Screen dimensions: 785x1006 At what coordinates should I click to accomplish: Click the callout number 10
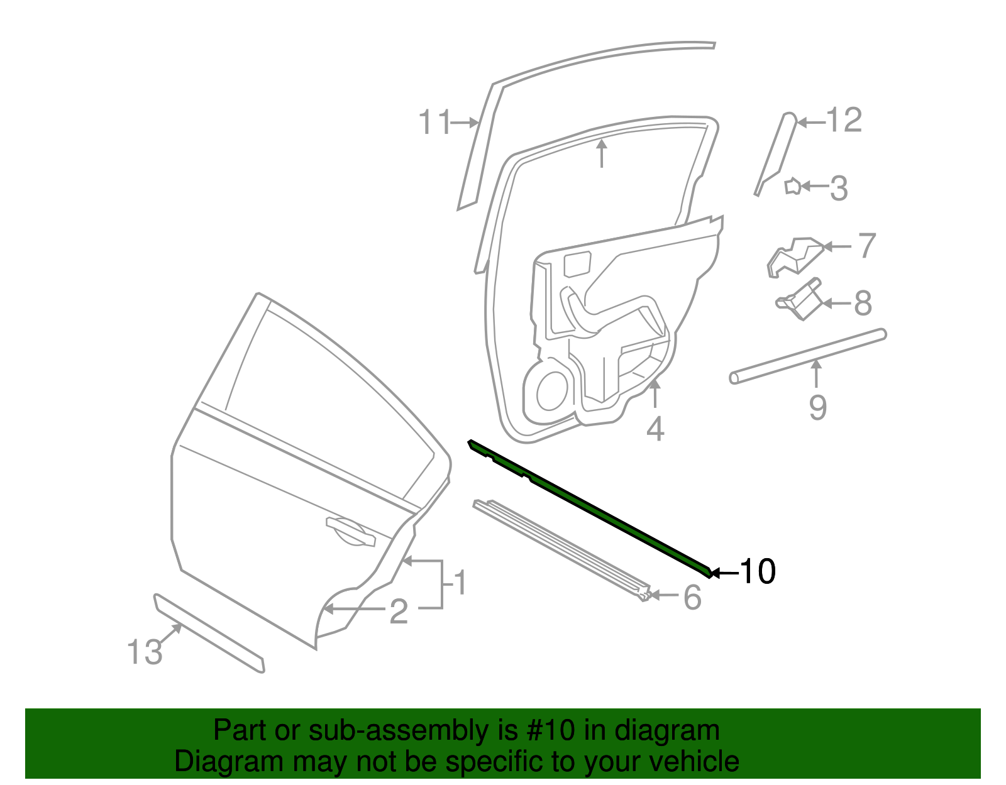pos(758,571)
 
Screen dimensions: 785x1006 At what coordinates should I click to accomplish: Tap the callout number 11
pos(434,122)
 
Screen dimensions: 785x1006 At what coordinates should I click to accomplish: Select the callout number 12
pos(844,120)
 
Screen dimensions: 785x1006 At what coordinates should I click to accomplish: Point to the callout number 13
pos(145,652)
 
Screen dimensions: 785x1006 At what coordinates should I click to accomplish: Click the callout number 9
pos(817,407)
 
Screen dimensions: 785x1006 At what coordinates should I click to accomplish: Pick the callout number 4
pos(655,430)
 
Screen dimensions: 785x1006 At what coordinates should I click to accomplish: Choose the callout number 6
pos(692,597)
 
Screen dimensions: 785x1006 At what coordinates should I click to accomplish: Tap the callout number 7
pos(867,246)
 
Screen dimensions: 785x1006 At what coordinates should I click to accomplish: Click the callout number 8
pos(863,304)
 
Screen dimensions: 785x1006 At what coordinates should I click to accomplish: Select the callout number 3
pos(839,188)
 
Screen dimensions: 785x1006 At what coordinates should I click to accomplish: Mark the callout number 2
pos(399,612)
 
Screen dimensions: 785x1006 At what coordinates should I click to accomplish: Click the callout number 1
pos(461,583)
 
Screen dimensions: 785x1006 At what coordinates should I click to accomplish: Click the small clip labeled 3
pos(792,187)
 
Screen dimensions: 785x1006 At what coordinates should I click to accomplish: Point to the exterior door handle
pos(350,531)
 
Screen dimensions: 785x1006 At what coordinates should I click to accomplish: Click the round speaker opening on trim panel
pos(552,390)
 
